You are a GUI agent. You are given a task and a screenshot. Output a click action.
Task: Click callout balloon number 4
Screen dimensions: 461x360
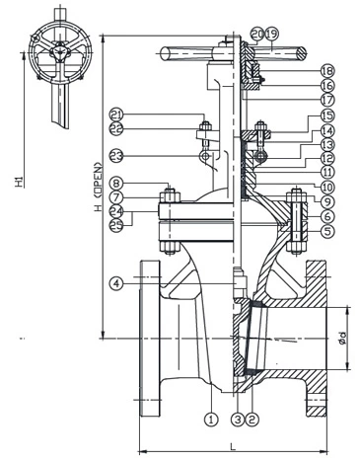coord(117,283)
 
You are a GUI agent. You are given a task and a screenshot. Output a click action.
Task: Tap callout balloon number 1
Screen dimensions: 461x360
coord(210,419)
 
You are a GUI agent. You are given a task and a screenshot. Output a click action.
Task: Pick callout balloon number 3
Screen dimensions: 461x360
coord(238,419)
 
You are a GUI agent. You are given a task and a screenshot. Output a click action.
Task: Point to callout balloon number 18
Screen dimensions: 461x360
coord(327,71)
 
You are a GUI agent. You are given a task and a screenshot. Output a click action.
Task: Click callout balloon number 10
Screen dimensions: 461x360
coord(327,186)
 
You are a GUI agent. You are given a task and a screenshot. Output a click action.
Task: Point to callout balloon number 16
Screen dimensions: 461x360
coord(327,85)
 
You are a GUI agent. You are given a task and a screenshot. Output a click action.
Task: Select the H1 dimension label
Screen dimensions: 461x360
coord(18,184)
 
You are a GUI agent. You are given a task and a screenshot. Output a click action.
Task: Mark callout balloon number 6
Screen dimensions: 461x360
coord(327,215)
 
